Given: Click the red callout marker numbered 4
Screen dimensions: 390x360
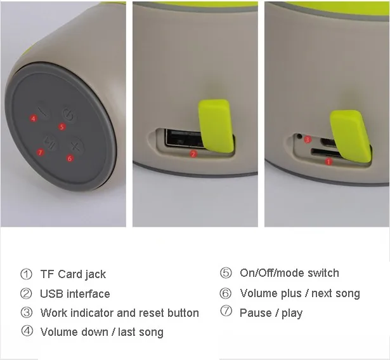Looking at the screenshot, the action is [x=34, y=118].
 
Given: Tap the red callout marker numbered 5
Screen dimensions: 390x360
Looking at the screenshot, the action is [x=62, y=127].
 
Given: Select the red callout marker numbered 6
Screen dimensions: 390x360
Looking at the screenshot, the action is [x=70, y=158].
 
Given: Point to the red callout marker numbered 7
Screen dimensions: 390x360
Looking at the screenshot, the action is [x=41, y=152].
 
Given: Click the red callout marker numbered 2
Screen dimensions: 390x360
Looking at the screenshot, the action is [x=193, y=154].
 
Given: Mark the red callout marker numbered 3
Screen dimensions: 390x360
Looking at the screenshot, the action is [x=308, y=140].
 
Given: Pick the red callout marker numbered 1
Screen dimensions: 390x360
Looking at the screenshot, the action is [x=328, y=162].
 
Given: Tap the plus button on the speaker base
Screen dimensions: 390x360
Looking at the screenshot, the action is [x=75, y=147].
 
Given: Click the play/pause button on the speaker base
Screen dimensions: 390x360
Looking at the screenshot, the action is [x=49, y=143].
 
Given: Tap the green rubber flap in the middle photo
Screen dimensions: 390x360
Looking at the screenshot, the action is [x=216, y=126].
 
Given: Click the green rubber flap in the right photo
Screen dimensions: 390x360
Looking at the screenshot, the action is [x=351, y=137].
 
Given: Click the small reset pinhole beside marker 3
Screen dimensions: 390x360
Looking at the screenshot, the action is [x=299, y=136].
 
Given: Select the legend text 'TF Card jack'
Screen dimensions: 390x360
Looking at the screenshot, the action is [x=73, y=274].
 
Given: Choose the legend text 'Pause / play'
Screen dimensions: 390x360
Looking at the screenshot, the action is [x=271, y=313].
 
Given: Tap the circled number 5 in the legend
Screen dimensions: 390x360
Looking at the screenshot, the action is [x=226, y=273].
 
